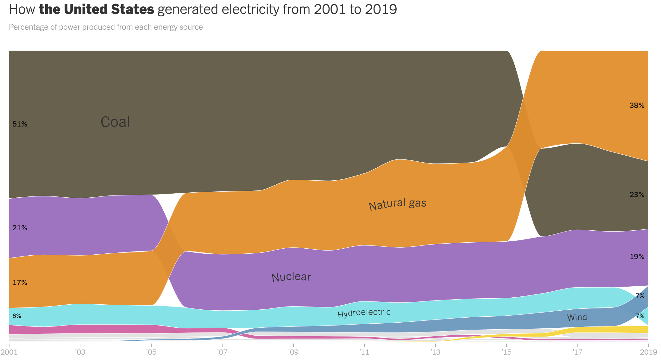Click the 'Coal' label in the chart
coord(115,122)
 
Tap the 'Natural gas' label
coord(398,204)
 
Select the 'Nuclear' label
coord(291,277)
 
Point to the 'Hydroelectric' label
coord(364,313)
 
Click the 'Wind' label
coord(577,317)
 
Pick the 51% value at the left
coord(20,124)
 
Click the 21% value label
coord(20,228)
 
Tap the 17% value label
coord(20,282)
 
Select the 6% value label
coord(17,316)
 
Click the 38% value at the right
coord(637,105)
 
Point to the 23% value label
coord(637,195)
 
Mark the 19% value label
coord(637,257)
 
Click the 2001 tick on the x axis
coord(9,352)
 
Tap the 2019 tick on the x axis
coord(648,352)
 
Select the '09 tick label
coord(293,352)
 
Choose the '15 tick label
coord(506,352)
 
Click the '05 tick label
coord(151,352)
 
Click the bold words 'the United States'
coord(96,9)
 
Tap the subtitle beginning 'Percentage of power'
coord(106,27)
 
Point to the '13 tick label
coord(435,352)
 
